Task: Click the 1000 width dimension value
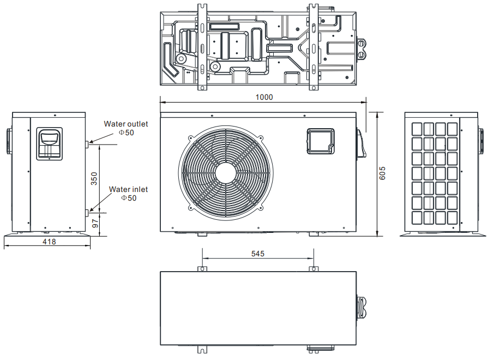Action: click(x=264, y=97)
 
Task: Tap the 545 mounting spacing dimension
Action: click(x=258, y=254)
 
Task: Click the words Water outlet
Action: click(x=126, y=124)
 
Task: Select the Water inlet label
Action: click(x=128, y=189)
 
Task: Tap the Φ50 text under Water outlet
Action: click(x=126, y=132)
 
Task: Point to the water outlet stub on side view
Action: click(x=87, y=143)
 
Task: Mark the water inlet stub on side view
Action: click(x=87, y=211)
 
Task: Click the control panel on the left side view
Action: click(x=49, y=143)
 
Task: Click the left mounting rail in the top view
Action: click(x=202, y=46)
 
